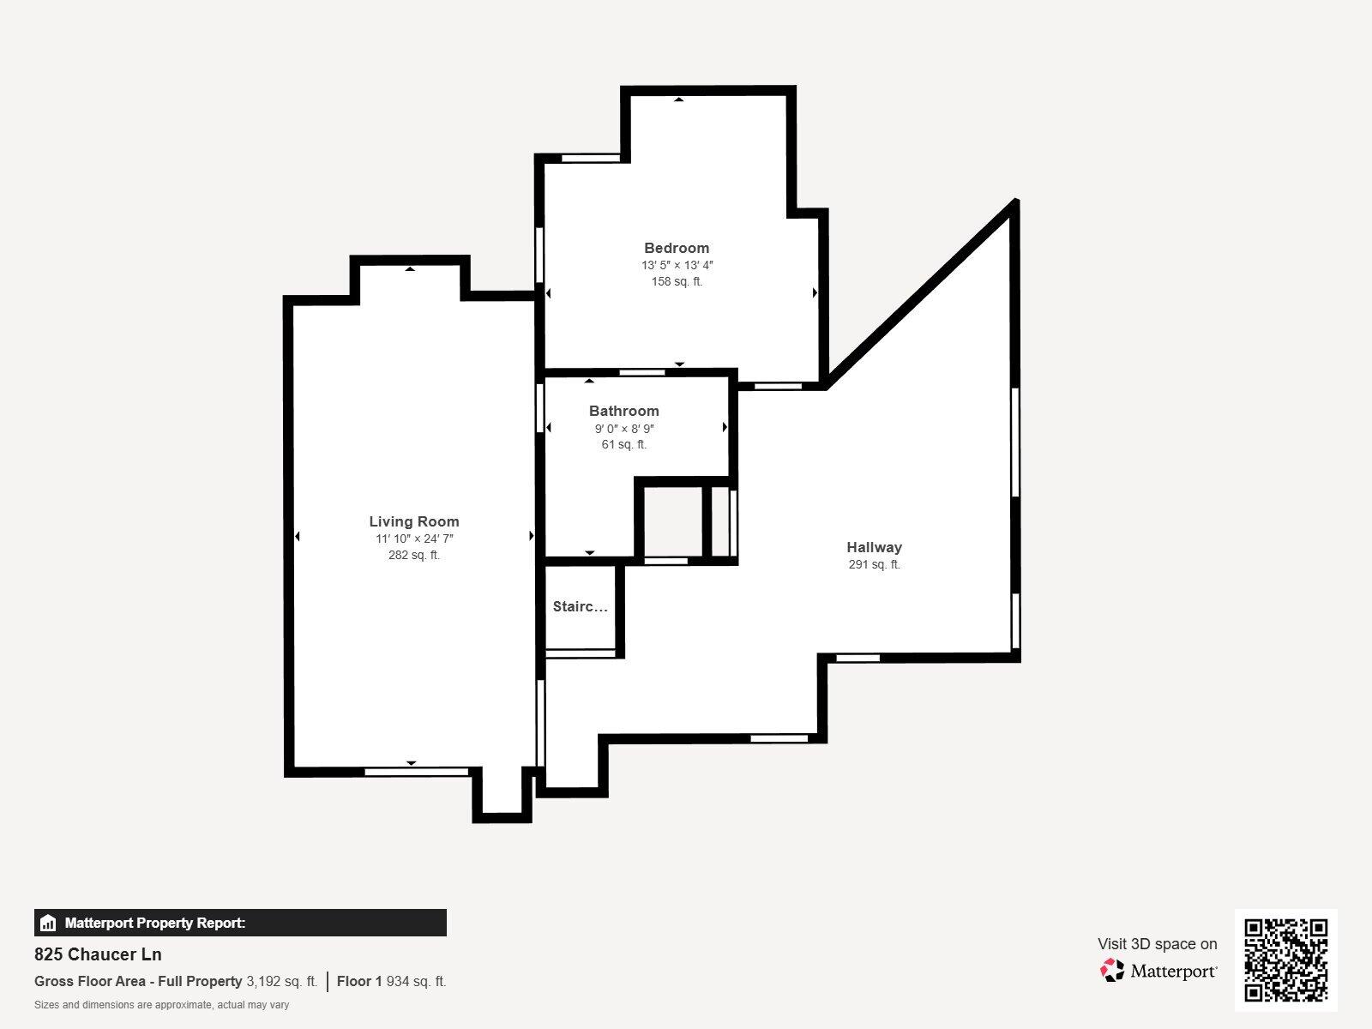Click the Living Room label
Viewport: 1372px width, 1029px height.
coord(413,521)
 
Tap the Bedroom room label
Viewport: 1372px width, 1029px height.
coord(677,248)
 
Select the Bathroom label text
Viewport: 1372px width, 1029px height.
coord(623,411)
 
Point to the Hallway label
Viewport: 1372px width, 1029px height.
coord(874,547)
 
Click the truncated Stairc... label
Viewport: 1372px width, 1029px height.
coord(580,607)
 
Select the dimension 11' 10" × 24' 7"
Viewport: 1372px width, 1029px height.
coord(413,539)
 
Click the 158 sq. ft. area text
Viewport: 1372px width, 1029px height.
coord(677,281)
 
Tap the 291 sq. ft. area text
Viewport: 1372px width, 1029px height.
coord(874,564)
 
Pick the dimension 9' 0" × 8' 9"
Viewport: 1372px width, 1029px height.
coord(623,428)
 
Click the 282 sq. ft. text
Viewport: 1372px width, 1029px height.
coord(413,555)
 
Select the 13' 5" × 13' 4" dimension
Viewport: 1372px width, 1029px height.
coord(677,265)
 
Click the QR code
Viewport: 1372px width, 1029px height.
coord(1285,960)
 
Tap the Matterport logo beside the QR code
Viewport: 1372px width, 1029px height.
coord(1158,971)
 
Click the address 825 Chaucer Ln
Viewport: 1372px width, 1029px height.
coord(98,954)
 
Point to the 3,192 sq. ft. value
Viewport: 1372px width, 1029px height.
coord(281,982)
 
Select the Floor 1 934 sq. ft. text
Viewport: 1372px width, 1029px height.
coord(391,982)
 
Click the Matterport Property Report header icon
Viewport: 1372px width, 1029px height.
coord(48,924)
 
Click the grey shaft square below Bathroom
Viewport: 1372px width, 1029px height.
coord(671,522)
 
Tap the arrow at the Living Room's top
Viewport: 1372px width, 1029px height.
coord(410,269)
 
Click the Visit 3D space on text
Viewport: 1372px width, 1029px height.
coord(1157,944)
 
